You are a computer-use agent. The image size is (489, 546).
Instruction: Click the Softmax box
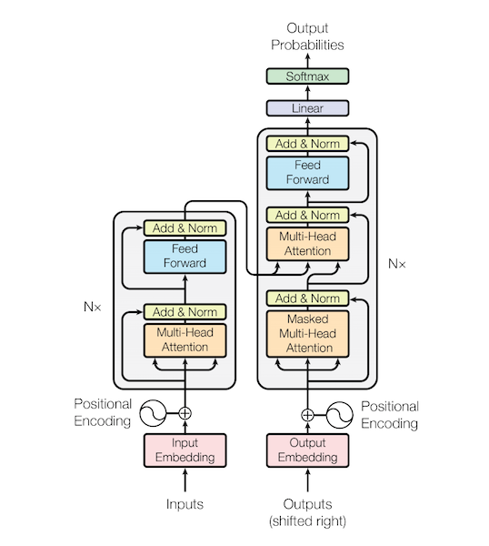307,76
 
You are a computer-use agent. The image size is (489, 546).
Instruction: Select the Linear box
307,108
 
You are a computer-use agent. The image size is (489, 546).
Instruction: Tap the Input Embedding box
185,450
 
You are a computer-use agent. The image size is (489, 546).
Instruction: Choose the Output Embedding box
307,450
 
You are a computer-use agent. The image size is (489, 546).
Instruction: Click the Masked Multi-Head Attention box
307,332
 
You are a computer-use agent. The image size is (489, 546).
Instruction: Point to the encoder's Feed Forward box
185,256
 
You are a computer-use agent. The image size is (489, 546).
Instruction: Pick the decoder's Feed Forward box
307,173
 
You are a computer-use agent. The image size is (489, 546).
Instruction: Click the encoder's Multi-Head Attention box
185,339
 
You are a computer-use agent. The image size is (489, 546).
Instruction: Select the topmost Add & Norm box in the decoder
307,143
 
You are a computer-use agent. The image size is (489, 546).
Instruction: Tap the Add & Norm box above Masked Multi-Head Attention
307,298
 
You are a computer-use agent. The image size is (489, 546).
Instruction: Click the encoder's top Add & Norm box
185,227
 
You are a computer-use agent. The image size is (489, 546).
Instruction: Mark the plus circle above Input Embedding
185,412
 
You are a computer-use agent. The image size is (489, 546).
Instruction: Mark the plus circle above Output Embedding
307,414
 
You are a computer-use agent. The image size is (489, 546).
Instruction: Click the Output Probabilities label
307,36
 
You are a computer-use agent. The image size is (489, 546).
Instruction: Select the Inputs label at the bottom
185,504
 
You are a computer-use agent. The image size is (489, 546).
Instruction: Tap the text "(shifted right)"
307,521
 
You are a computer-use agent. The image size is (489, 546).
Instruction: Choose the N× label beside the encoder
92,307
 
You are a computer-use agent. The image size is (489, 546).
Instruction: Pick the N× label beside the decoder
397,264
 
